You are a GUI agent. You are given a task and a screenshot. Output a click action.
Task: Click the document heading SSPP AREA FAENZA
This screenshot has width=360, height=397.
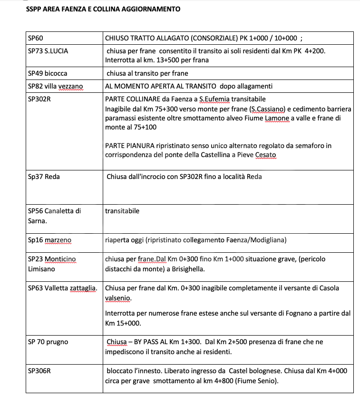[x=103, y=9]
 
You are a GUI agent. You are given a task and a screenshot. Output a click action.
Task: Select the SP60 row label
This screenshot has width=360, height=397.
[x=36, y=38]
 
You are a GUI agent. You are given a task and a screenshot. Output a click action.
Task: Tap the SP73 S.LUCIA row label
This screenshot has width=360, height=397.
[x=48, y=51]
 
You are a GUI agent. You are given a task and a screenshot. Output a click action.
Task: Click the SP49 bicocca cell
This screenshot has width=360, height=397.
[x=48, y=73]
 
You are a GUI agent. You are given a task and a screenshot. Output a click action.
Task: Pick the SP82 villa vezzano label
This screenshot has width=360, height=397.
[x=55, y=86]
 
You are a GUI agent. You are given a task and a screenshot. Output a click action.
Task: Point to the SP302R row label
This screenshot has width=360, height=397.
[x=39, y=99]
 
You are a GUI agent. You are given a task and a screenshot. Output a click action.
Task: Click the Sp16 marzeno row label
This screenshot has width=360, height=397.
[x=49, y=239]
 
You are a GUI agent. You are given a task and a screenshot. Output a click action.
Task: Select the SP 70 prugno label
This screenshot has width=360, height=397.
[x=48, y=342]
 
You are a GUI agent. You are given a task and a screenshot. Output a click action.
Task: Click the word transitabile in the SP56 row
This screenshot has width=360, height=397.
[x=122, y=211]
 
